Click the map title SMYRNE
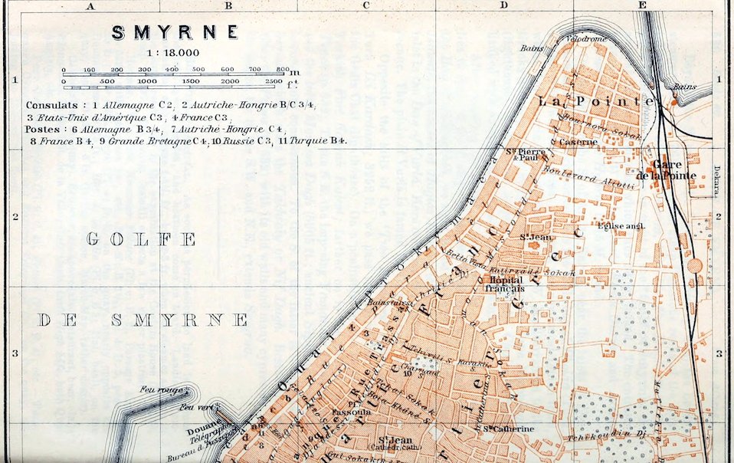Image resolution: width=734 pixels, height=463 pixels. (175, 32)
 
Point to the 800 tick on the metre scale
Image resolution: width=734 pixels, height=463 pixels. (282, 69)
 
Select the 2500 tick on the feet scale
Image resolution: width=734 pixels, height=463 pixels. (273, 80)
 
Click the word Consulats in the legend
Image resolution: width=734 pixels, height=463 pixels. (51, 104)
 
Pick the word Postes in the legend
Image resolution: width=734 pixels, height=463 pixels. (43, 129)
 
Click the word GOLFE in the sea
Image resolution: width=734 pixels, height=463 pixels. (141, 239)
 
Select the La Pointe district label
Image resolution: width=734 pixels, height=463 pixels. (595, 101)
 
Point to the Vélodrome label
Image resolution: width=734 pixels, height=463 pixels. (586, 38)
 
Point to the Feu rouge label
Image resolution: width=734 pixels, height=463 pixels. (158, 391)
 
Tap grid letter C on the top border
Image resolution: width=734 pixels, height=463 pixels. (366, 6)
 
